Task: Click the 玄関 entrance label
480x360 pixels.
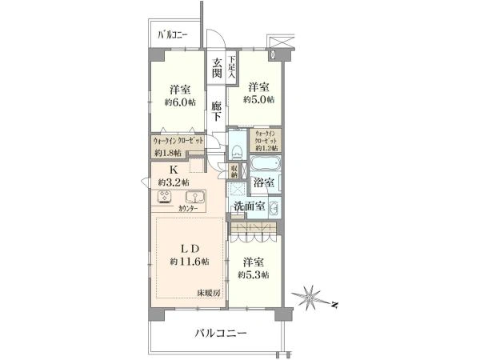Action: [x=217, y=68]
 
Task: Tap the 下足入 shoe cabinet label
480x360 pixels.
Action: [x=231, y=64]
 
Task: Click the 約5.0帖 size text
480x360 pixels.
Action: [x=261, y=99]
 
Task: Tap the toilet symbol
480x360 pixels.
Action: [x=238, y=148]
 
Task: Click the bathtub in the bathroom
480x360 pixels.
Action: [x=264, y=166]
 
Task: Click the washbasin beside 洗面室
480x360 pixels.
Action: [x=273, y=210]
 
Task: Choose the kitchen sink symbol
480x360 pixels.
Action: [x=194, y=198]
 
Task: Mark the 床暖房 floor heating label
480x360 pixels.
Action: [x=210, y=293]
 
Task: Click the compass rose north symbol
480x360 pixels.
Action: [x=310, y=299]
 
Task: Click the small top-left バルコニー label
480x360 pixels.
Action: [x=173, y=35]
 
